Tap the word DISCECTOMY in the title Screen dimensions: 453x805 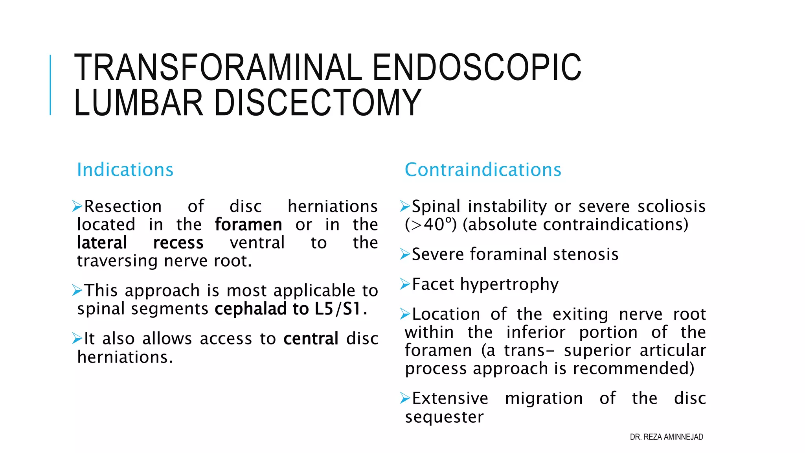pos(318,103)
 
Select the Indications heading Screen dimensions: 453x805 pos(125,170)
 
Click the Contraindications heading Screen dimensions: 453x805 pos(483,170)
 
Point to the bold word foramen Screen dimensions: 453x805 pos(248,225)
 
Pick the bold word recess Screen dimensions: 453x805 pos(178,243)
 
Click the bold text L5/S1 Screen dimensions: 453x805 pos(338,309)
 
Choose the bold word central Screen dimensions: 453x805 pos(311,339)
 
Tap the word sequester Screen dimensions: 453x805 pos(444,417)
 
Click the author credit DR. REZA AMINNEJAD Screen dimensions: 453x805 pos(666,437)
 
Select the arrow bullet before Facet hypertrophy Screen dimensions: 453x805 pos(405,284)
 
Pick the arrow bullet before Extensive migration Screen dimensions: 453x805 pos(405,398)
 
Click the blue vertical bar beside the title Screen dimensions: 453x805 pos(50,85)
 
